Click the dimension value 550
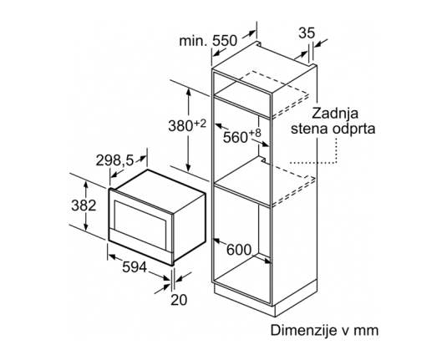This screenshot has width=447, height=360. point(225,41)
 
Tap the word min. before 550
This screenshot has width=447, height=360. point(193,41)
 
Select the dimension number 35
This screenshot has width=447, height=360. point(307,33)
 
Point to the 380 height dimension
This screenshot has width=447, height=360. point(180,125)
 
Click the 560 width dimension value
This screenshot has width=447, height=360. point(235,137)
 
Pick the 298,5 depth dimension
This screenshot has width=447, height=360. point(114,160)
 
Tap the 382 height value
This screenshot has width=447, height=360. point(84,205)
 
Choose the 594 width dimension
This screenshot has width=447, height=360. point(135,267)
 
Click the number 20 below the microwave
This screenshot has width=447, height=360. point(179,300)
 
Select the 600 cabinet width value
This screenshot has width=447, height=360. point(239,250)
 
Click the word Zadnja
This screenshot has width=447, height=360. point(335,114)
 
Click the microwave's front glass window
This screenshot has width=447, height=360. point(140,224)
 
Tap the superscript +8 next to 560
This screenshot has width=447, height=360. point(256,133)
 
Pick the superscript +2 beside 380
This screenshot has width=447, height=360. point(201,124)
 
